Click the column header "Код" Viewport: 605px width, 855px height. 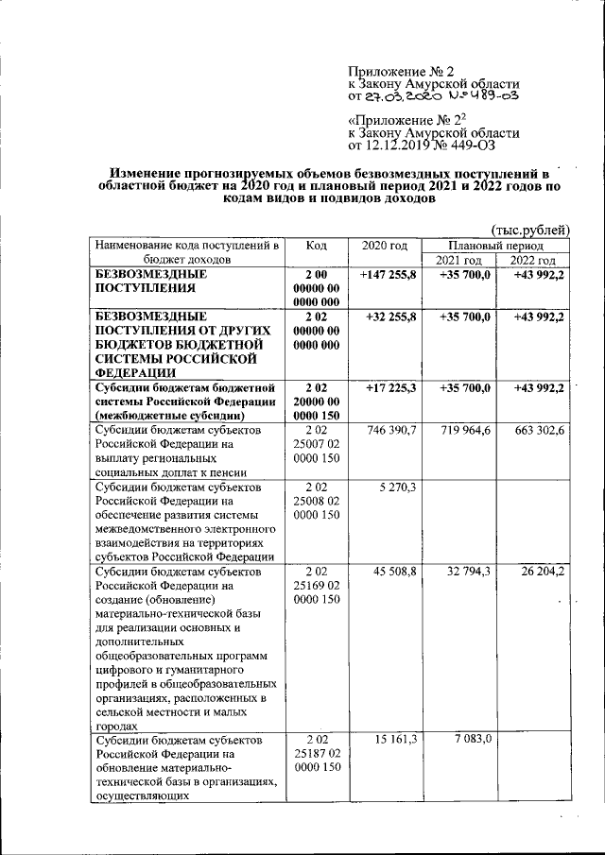point(317,245)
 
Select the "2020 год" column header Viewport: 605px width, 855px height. point(385,245)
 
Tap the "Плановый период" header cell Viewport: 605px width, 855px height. point(496,245)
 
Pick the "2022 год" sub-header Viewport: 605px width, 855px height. point(533,260)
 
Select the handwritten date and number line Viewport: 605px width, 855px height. point(434,95)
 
